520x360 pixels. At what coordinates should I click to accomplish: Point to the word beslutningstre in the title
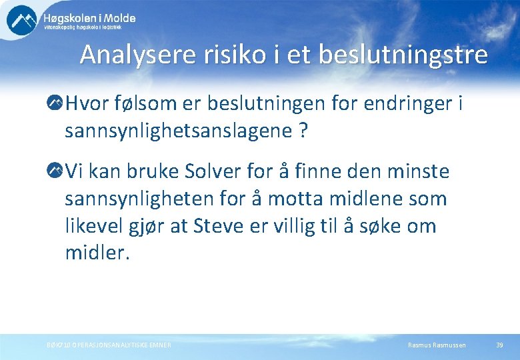point(403,55)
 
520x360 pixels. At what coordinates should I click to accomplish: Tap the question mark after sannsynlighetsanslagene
point(303,131)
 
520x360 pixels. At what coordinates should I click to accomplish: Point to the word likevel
point(92,226)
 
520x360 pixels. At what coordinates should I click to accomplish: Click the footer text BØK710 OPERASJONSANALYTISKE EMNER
point(104,345)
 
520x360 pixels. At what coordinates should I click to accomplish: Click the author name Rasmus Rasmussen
point(437,345)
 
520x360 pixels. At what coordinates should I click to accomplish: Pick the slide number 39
point(499,345)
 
